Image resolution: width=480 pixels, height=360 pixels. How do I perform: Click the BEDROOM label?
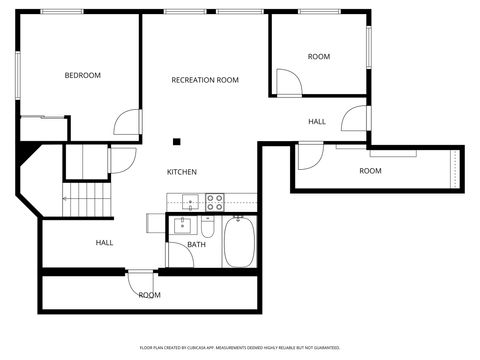83,75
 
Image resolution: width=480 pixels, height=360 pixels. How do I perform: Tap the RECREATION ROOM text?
205,80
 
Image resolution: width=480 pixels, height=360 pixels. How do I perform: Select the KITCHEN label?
181,172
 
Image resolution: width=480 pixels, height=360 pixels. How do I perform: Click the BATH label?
196,244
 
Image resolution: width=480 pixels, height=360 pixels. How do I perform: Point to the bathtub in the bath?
239,243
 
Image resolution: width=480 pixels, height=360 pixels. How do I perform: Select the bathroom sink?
181,225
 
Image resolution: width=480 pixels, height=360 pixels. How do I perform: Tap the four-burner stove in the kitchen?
215,201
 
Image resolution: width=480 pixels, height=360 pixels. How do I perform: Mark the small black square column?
176,141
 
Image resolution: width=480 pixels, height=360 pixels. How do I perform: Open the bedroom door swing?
127,123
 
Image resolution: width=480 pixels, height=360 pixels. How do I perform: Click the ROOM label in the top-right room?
318,57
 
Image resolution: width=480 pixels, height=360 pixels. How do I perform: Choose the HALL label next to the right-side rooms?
317,122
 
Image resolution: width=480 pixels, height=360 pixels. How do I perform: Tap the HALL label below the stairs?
104,242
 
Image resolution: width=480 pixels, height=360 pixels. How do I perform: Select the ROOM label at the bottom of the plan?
150,295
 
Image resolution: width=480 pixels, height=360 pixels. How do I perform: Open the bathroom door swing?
180,254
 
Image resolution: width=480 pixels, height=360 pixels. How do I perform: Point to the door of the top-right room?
287,83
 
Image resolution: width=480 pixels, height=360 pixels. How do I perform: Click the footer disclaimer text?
239,347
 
